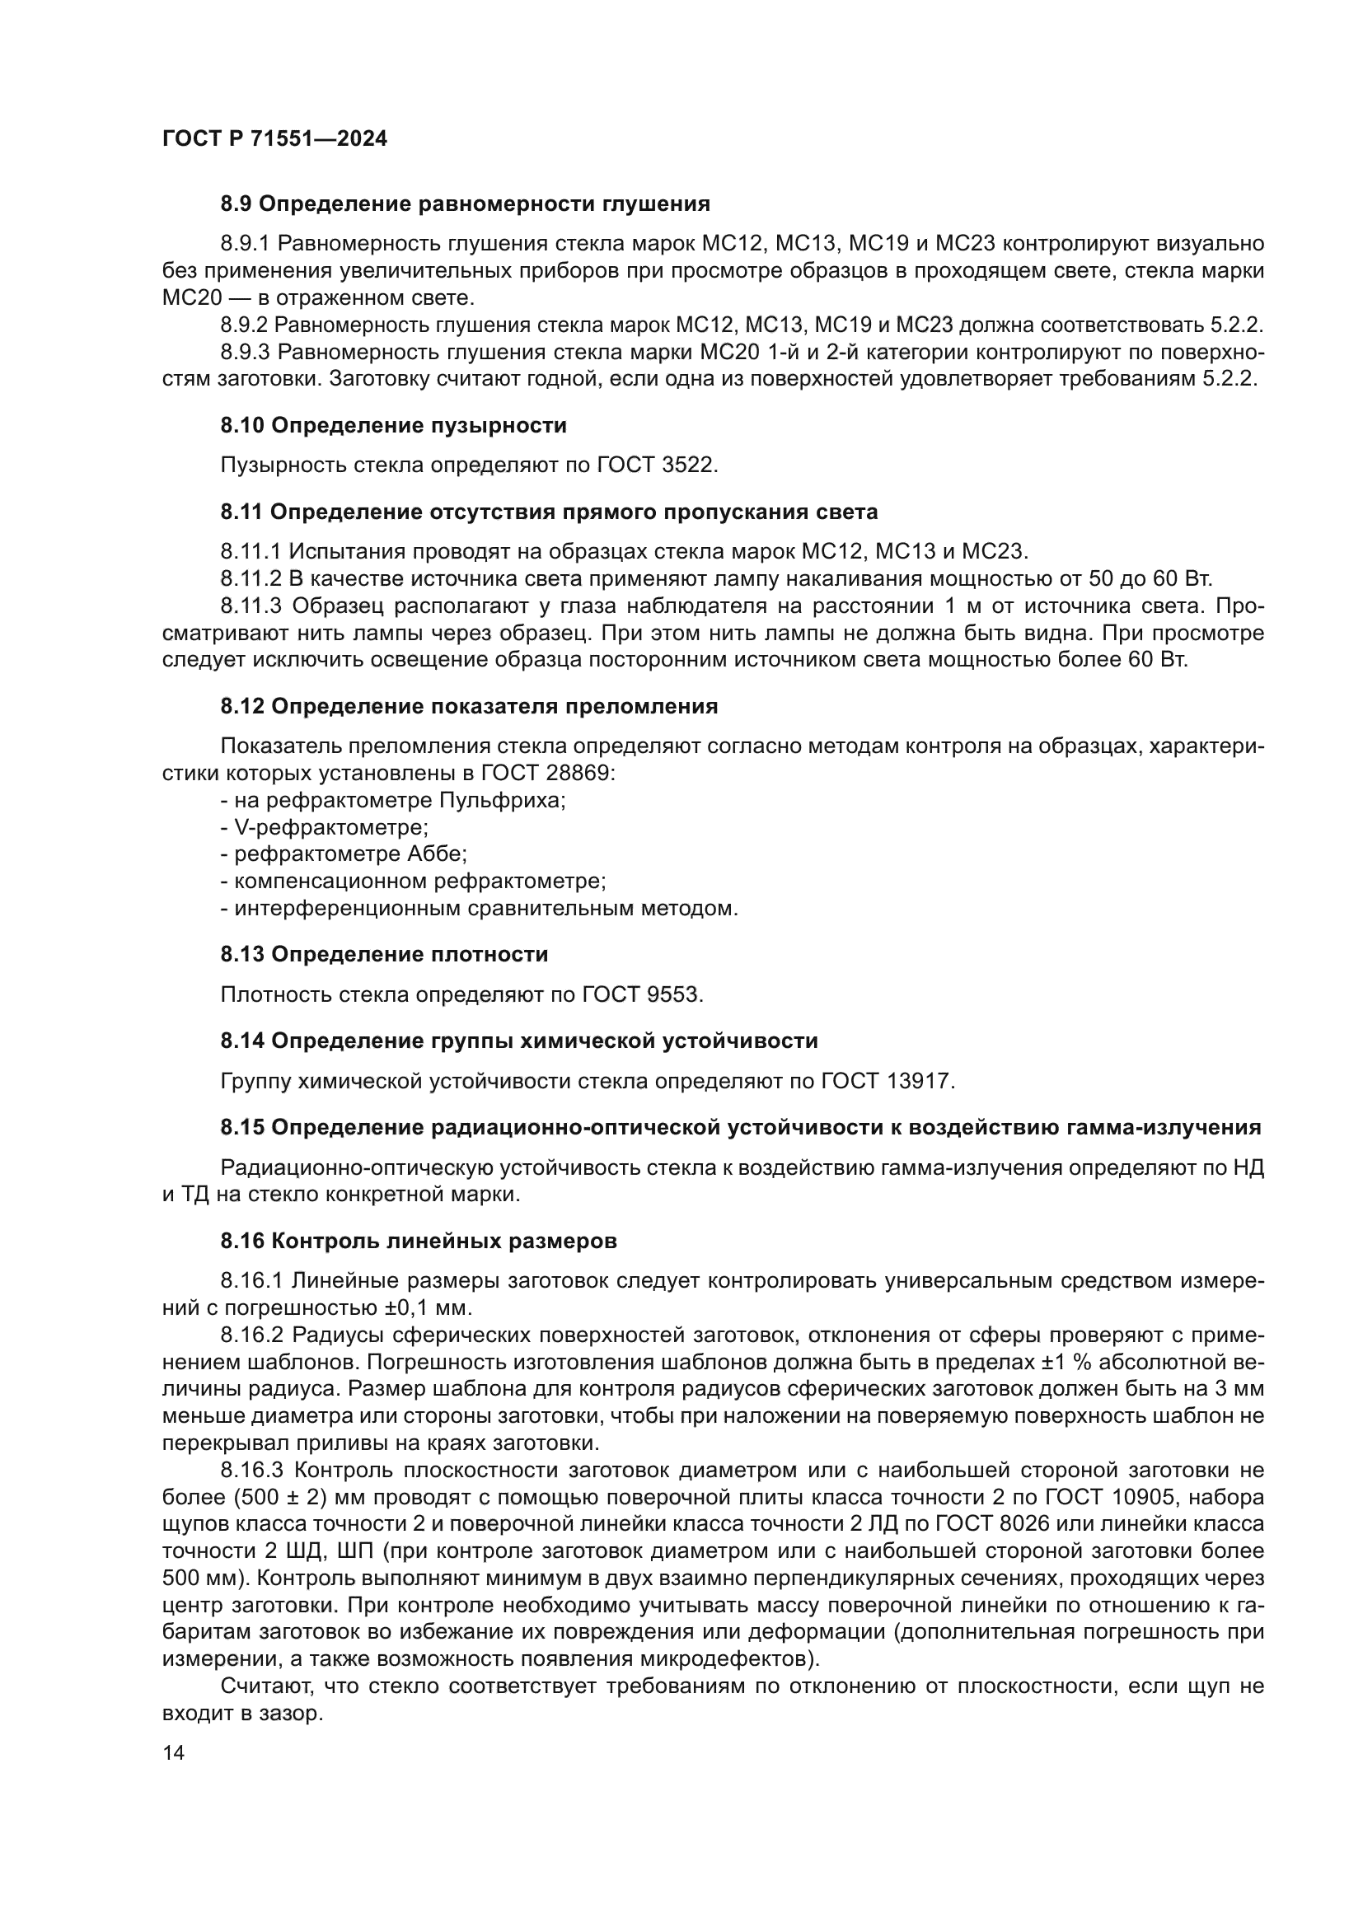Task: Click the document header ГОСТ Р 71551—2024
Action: [x=274, y=139]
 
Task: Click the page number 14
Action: [x=173, y=1754]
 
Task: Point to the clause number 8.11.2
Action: [x=251, y=579]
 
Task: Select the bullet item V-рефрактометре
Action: [x=325, y=827]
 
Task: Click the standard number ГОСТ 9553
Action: [x=641, y=995]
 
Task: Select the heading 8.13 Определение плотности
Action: [x=384, y=955]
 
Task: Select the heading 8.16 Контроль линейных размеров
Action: [x=419, y=1242]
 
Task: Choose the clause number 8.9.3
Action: [x=246, y=353]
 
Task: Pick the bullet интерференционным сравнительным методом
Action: [x=480, y=908]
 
